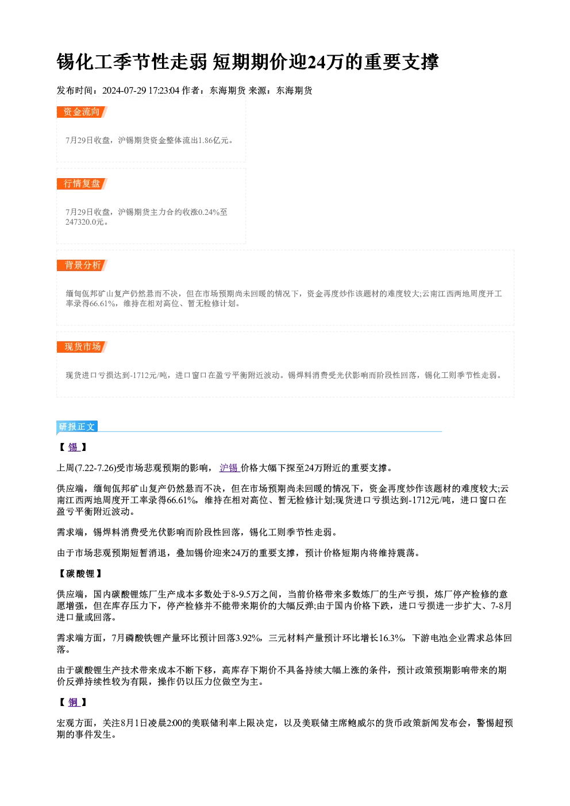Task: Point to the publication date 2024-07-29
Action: click(x=124, y=90)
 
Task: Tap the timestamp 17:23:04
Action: click(x=164, y=90)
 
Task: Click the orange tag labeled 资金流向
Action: click(x=82, y=112)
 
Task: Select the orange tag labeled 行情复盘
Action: click(x=82, y=183)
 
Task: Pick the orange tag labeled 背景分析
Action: click(x=82, y=265)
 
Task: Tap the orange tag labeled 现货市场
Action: click(x=82, y=347)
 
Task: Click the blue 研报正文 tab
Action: click(x=77, y=427)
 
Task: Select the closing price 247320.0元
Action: click(x=84, y=222)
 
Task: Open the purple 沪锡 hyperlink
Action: click(x=229, y=468)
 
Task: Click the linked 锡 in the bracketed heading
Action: click(x=73, y=448)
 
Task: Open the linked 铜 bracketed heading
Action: click(x=73, y=702)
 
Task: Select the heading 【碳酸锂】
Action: click(x=80, y=573)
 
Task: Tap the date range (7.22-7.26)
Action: click(x=95, y=468)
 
